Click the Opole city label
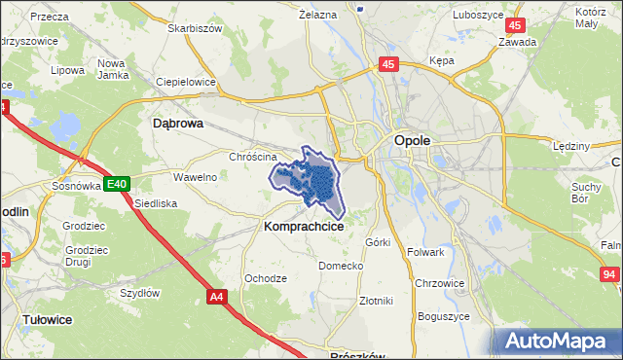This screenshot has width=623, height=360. coord(412,140)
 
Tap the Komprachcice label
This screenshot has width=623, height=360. coord(303,225)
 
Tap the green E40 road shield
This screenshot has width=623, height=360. coord(118,183)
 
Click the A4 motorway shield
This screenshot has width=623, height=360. coord(216,295)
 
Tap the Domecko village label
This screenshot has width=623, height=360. coord(341,266)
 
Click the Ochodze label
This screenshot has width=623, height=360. coord(265,278)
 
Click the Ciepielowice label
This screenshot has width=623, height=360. coord(185,83)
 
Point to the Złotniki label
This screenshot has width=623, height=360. coord(376,301)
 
